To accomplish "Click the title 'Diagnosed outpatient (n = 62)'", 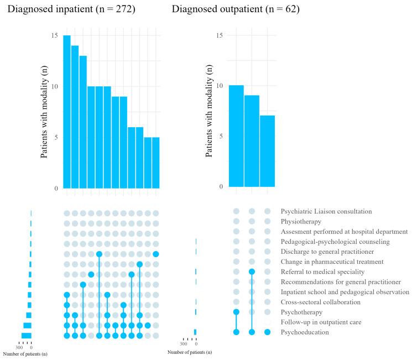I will click(236, 9).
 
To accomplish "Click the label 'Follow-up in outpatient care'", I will click(325, 322).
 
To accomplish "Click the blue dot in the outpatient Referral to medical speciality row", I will click(252, 272).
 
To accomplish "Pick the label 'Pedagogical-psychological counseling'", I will click(335, 242).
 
